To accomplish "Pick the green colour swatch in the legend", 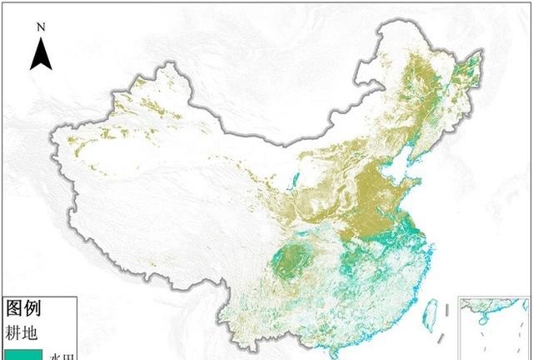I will coord(21,353).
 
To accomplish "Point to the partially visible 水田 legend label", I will coord(62,355).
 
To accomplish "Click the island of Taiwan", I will coord(431,314).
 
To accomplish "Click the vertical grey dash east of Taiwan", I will coord(449,310).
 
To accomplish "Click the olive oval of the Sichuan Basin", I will coord(291,258).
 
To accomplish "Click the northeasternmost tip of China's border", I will coord(482,52).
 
